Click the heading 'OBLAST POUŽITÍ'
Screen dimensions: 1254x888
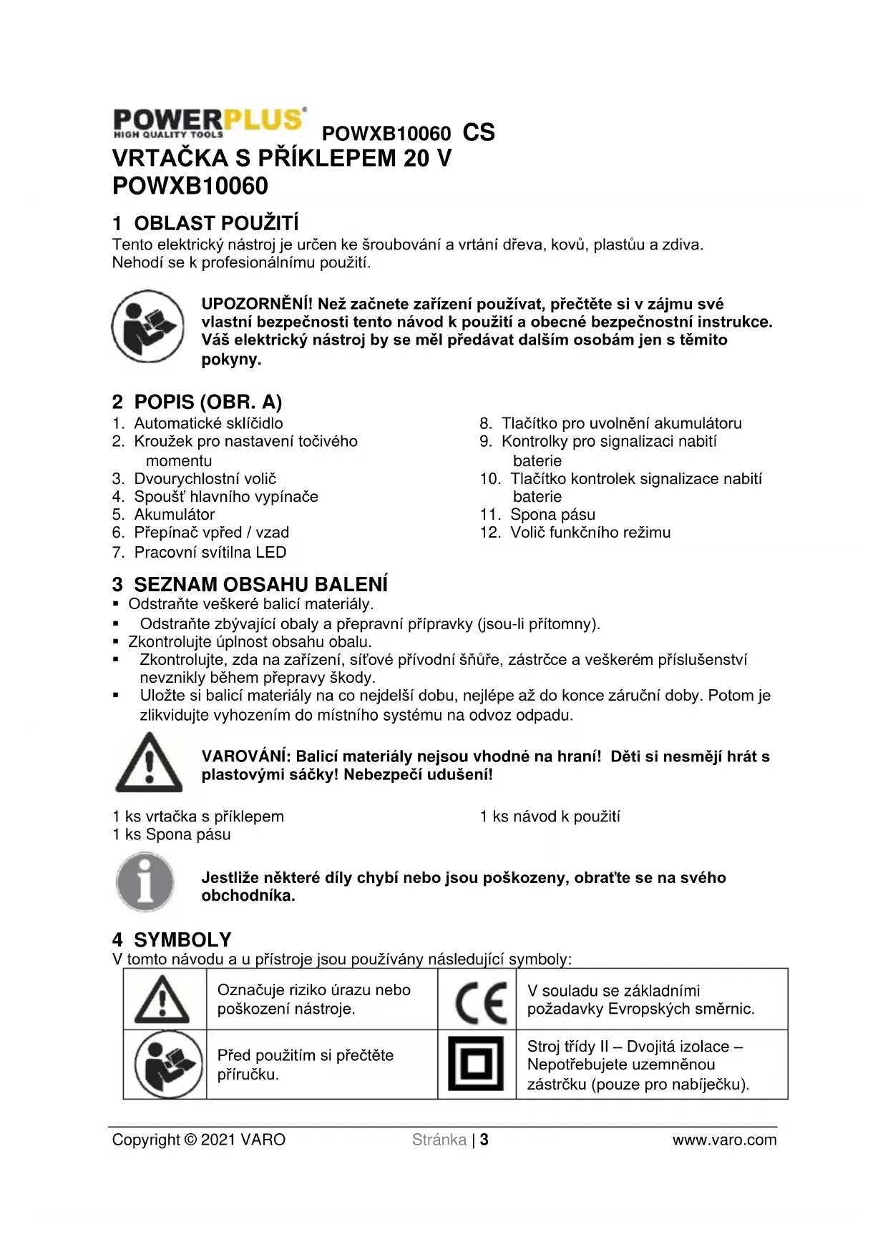pyautogui.click(x=216, y=224)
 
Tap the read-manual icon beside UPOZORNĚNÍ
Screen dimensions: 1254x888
pyautogui.click(x=147, y=326)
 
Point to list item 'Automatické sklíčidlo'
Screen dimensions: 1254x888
pyautogui.click(x=208, y=423)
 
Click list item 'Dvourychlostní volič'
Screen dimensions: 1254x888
pyautogui.click(x=205, y=478)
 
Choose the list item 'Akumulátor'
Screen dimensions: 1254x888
pyautogui.click(x=174, y=514)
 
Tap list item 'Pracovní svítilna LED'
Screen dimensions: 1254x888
pyautogui.click(x=210, y=552)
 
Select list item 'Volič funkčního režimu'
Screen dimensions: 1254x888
pyautogui.click(x=590, y=533)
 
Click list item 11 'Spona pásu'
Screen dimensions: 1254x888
pyautogui.click(x=552, y=514)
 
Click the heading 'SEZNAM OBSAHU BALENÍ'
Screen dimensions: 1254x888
pyautogui.click(x=260, y=584)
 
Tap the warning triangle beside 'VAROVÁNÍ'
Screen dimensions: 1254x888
pyautogui.click(x=148, y=763)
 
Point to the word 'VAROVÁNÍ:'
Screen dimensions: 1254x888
pyautogui.click(x=245, y=756)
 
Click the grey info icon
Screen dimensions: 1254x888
pyautogui.click(x=145, y=882)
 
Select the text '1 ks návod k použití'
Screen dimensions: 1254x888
pyautogui.click(x=550, y=816)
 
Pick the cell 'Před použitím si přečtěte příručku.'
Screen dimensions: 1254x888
pyautogui.click(x=306, y=1065)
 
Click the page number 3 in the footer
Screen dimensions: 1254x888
pyautogui.click(x=484, y=1140)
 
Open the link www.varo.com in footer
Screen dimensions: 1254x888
pyautogui.click(x=724, y=1140)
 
